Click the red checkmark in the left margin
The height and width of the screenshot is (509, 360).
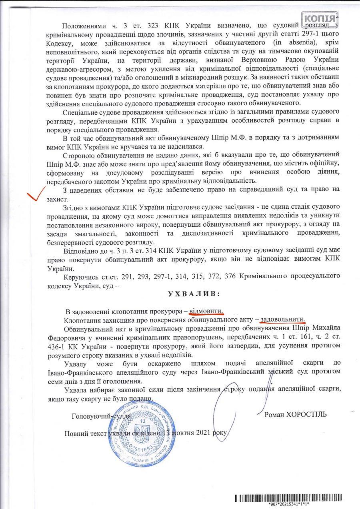36,196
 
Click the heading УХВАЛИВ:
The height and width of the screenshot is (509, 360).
194,293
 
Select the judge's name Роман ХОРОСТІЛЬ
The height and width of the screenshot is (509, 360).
295,414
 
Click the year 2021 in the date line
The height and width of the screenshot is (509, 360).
204,433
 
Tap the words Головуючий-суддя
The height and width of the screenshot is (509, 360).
101,416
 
